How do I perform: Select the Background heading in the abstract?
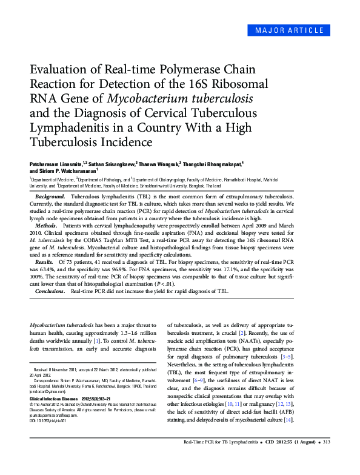tap(50, 198)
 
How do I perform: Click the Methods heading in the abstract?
tap(46, 226)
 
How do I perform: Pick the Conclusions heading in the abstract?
tap(50, 291)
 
